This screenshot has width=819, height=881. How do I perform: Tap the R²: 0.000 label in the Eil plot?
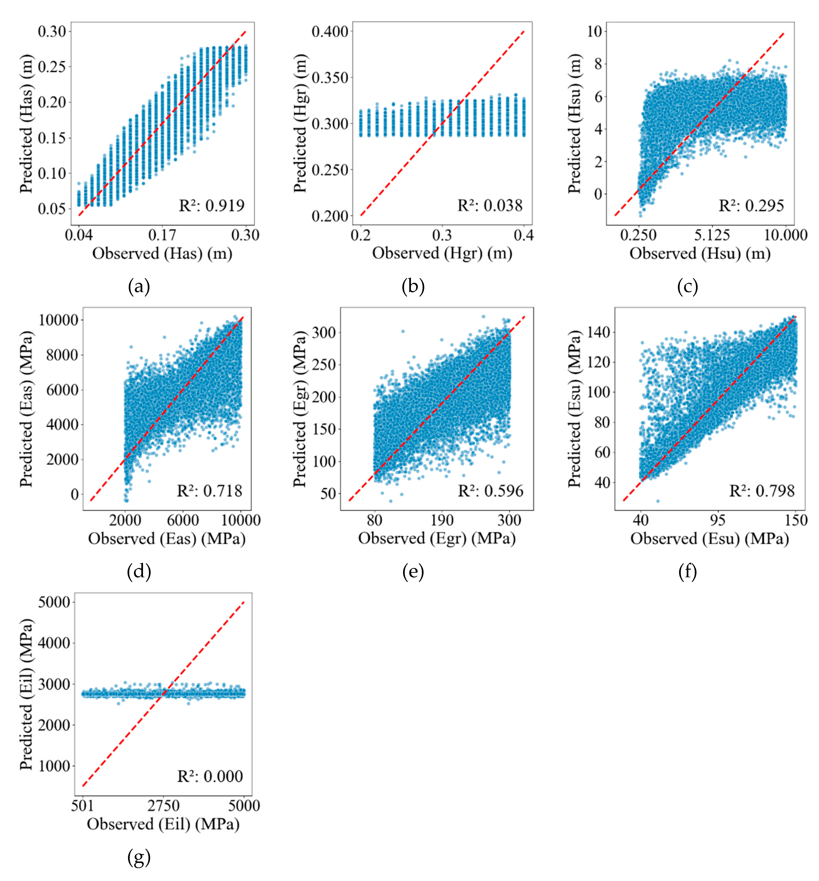[210, 776]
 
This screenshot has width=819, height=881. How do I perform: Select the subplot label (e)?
[413, 572]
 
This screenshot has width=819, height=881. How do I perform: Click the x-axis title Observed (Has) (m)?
[162, 254]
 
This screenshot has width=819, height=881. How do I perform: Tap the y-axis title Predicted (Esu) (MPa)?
[575, 409]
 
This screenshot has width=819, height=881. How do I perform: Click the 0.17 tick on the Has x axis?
[162, 235]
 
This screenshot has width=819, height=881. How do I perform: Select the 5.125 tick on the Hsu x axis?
[712, 235]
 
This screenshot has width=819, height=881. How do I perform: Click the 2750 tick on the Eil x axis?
[163, 805]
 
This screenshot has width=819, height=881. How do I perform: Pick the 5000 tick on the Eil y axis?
[54, 602]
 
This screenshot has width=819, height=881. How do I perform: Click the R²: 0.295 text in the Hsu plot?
[751, 206]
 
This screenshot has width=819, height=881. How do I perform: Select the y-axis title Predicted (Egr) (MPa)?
[300, 409]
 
